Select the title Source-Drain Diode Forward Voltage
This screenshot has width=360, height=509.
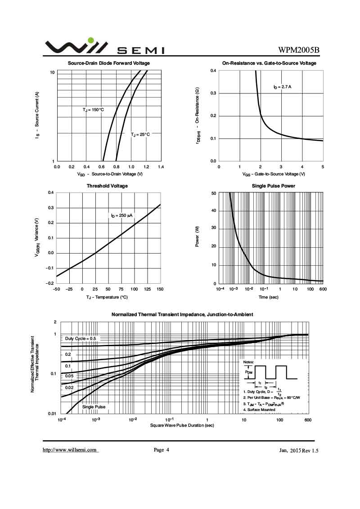(109, 63)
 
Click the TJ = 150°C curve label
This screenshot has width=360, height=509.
(93, 110)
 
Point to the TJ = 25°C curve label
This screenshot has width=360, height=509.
(140, 134)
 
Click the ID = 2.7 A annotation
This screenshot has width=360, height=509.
(283, 86)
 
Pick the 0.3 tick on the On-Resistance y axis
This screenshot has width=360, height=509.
(214, 94)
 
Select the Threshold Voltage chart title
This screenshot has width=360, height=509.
(107, 186)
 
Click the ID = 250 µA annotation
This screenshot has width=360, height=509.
(123, 216)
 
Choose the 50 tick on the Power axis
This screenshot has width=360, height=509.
(214, 193)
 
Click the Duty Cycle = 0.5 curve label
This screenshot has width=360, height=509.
(81, 338)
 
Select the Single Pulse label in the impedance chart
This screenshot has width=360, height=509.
(94, 407)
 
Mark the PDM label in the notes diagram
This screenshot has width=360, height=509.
(248, 372)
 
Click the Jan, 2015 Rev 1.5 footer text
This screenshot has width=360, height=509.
(299, 450)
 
